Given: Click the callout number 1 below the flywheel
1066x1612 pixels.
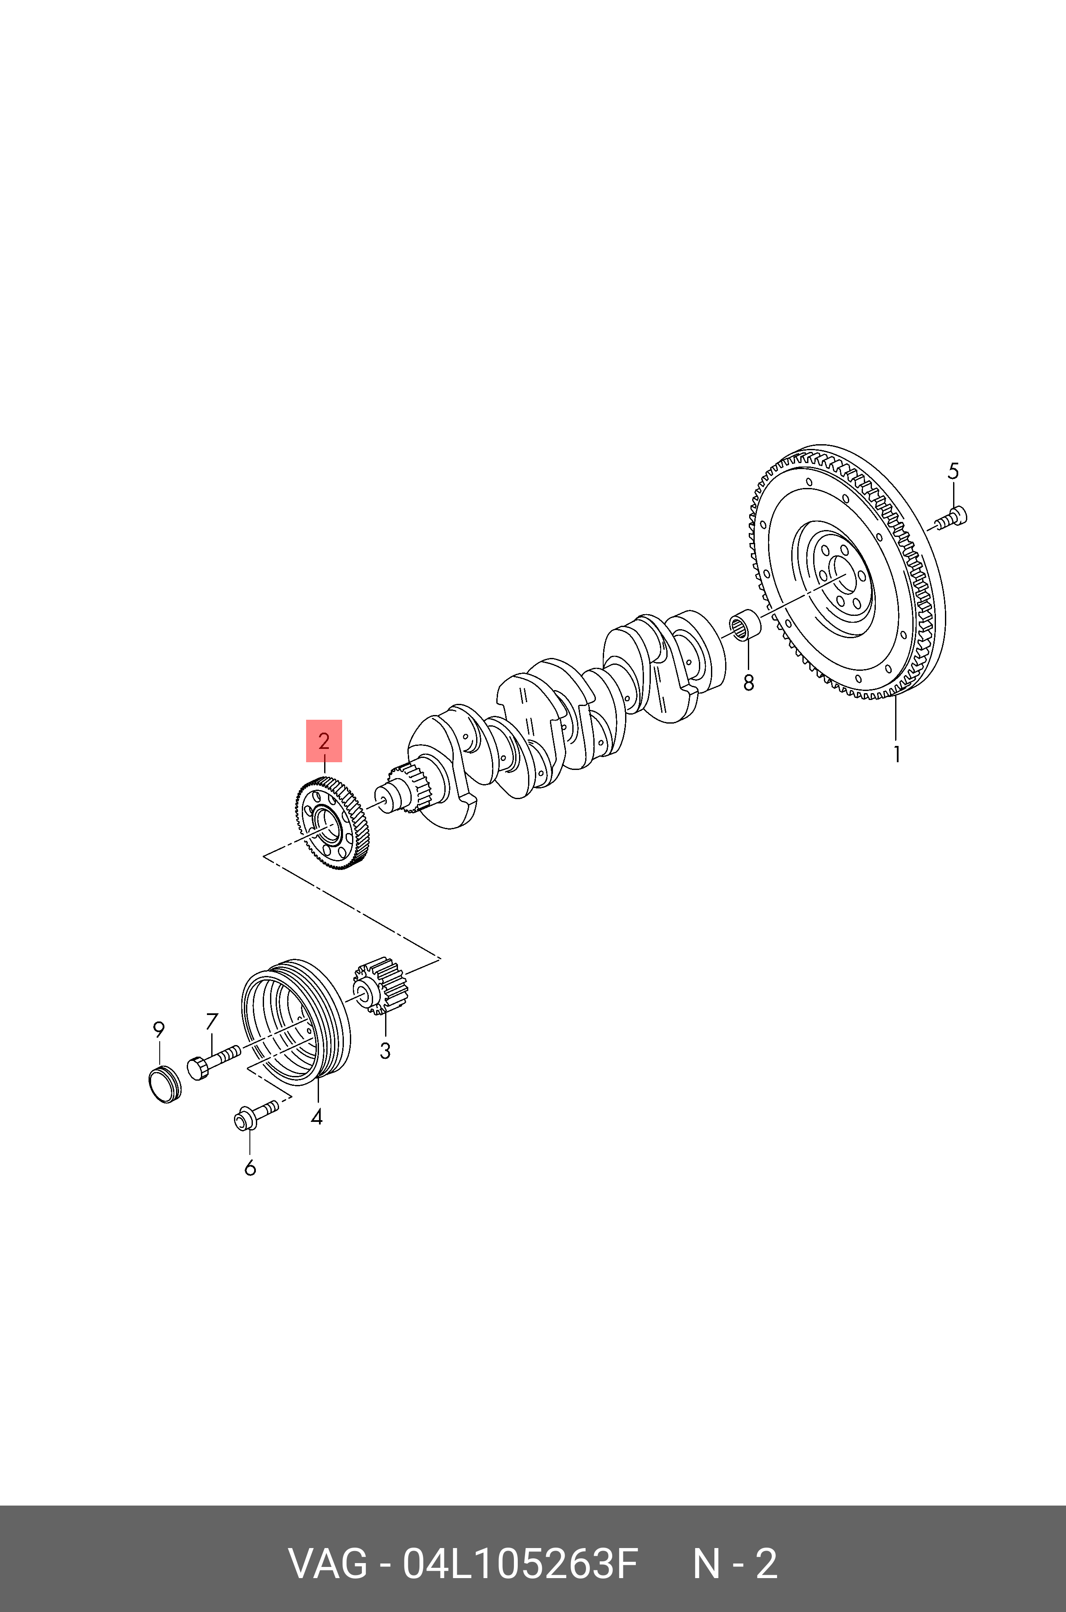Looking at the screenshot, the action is [897, 754].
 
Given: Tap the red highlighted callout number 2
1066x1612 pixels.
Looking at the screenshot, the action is [324, 741].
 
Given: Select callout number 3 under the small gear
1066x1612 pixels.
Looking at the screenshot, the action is [385, 1051].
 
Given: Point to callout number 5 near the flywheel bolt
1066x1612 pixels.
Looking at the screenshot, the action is [953, 471].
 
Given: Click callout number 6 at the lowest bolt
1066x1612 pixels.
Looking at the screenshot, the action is [250, 1168].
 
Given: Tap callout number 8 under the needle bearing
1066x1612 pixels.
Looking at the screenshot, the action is [748, 683].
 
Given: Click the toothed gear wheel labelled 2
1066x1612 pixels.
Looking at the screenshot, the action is [332, 824].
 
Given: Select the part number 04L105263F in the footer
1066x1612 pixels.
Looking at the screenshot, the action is [520, 1564].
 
